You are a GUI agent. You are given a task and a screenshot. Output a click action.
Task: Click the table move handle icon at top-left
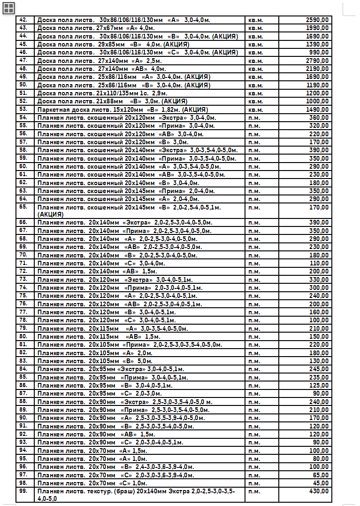(9, 8)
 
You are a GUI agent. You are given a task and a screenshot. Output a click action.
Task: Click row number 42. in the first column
(23, 20)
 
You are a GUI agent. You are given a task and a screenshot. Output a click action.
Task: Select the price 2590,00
(317, 20)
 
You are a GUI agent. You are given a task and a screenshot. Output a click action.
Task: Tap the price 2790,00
(317, 61)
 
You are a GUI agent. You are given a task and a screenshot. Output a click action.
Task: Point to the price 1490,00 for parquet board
(317, 109)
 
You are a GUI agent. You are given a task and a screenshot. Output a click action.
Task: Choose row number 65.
(23, 207)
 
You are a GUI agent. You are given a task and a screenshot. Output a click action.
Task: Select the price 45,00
(321, 483)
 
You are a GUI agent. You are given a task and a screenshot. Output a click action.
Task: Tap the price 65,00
(321, 475)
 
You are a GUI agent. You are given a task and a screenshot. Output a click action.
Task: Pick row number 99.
(23, 491)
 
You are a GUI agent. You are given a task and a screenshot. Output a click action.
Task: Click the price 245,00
(319, 369)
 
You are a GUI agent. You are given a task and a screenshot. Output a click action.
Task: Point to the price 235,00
(319, 377)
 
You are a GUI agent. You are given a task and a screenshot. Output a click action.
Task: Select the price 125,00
(319, 385)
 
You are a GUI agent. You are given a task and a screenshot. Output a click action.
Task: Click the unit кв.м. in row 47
(255, 61)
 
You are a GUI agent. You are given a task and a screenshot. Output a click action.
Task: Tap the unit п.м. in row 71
(254, 263)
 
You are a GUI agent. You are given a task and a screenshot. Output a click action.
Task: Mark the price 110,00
(319, 263)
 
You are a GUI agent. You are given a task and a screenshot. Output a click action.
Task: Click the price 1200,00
(317, 93)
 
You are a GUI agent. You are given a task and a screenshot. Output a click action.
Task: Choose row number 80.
(23, 336)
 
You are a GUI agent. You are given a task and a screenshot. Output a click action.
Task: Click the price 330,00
(319, 280)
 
